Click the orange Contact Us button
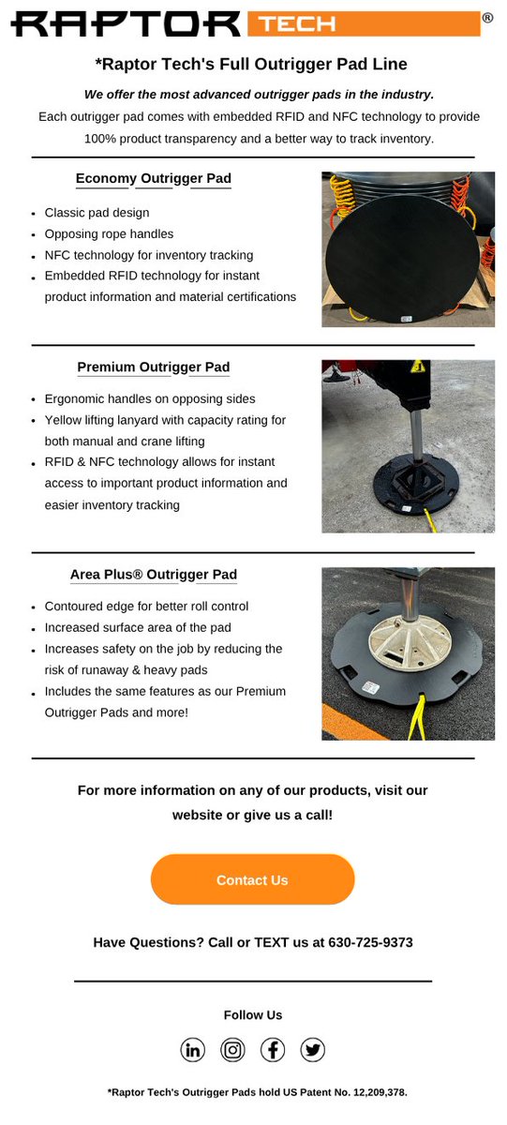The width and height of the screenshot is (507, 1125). pos(252,879)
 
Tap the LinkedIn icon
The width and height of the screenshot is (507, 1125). pos(193,1050)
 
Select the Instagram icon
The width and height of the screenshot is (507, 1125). pos(233,1050)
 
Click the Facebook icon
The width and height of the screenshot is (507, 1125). pos(273,1050)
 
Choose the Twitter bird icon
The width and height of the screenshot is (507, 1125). pos(313,1050)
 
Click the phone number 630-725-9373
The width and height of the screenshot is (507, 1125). pos(370,943)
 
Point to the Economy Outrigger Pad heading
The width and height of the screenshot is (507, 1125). pos(154,178)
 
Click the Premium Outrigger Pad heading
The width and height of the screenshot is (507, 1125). pos(154,367)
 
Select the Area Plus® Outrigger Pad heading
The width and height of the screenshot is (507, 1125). pos(154,575)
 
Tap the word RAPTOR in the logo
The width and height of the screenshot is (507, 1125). pos(126,24)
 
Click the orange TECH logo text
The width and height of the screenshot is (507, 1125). pos(297,24)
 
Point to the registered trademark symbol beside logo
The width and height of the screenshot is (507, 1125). pos(487,18)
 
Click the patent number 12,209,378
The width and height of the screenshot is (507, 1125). pos(379,1092)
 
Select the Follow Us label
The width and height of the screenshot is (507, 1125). pos(253,1015)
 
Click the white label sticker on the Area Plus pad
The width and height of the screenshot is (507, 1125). pos(371,687)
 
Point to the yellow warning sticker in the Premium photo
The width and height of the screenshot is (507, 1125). pos(418,367)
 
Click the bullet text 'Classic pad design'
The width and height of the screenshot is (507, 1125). pos(97,213)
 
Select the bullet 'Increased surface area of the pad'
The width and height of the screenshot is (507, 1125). pos(138,628)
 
